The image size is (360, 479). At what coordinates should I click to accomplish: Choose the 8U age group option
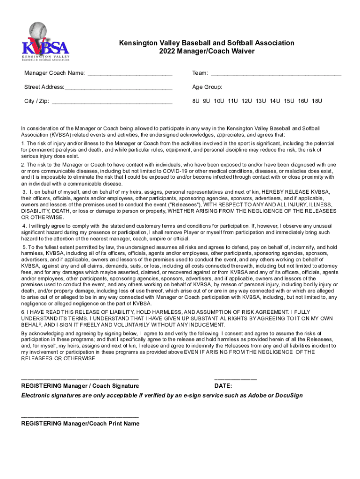[x=196, y=101]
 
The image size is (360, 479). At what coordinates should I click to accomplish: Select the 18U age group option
[x=317, y=101]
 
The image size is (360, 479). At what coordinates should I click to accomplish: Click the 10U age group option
[x=219, y=101]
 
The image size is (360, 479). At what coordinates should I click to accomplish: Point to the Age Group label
[x=207, y=87]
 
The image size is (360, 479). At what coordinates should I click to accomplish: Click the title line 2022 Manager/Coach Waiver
[x=206, y=51]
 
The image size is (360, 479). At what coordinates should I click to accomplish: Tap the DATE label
[x=223, y=386]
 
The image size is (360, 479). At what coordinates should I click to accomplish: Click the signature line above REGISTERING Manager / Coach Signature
[x=80, y=378]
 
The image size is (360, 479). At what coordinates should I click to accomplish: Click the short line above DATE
[x=235, y=378]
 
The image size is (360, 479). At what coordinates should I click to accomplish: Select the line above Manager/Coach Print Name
[x=80, y=416]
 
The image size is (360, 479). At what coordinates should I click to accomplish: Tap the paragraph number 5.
[x=24, y=247]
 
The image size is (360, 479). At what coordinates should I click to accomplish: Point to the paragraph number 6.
[x=23, y=312]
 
